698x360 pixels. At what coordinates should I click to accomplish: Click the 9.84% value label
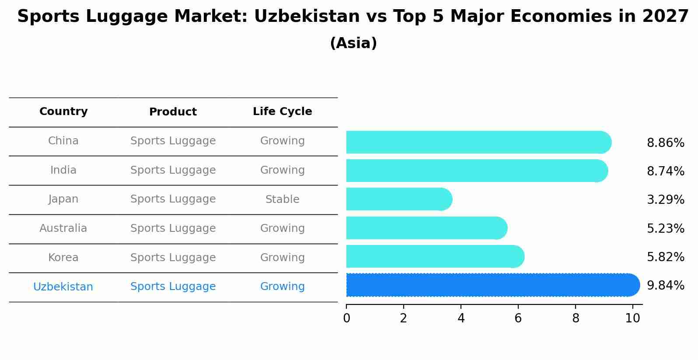665,286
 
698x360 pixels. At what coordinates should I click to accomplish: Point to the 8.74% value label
665,171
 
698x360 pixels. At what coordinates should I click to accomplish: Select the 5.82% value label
665,257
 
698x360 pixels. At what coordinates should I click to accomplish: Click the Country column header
63,112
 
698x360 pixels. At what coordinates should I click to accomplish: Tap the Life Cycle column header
282,112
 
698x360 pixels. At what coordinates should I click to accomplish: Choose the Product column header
173,112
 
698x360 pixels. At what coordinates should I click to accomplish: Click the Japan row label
63,199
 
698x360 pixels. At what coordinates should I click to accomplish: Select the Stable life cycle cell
282,199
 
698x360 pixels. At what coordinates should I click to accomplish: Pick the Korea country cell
63,258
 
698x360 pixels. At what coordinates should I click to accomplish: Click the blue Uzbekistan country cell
63,287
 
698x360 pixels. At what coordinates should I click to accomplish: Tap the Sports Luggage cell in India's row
173,170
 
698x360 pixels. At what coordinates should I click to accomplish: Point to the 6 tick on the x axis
518,318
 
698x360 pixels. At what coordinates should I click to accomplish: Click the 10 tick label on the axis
632,318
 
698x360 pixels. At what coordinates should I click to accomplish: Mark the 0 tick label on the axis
346,318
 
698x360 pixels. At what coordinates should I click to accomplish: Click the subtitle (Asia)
353,43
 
